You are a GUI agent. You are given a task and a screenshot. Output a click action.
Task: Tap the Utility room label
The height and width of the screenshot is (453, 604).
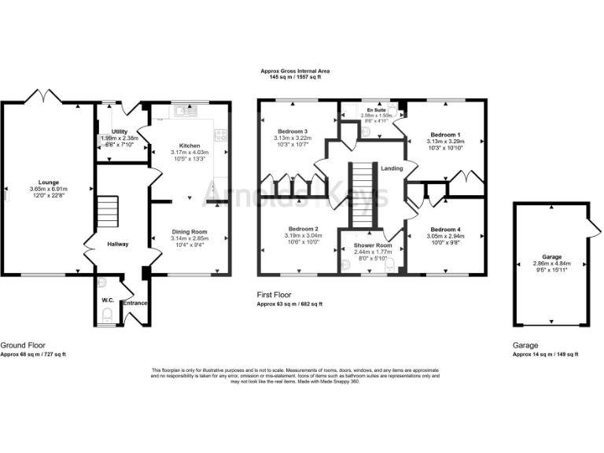[120, 131]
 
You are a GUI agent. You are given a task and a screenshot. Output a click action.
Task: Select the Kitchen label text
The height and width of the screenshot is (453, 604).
[190, 146]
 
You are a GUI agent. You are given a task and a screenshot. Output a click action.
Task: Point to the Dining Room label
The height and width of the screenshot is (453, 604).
[190, 232]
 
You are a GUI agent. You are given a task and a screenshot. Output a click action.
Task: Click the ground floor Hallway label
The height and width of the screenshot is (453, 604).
[117, 245]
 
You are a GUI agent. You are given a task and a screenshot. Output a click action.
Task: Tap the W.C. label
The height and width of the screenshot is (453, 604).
[108, 300]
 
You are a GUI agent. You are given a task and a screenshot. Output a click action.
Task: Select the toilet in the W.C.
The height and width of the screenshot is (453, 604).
[108, 317]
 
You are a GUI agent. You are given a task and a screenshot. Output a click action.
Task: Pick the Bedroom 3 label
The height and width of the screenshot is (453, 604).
[292, 131]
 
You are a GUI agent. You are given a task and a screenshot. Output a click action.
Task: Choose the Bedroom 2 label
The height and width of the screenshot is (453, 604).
[292, 228]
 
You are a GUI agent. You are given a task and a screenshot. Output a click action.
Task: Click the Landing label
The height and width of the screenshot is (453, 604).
[392, 168]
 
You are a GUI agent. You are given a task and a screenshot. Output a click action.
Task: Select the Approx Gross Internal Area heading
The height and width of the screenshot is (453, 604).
[296, 71]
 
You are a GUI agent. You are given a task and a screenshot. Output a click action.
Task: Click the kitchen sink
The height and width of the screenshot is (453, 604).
[187, 111]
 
